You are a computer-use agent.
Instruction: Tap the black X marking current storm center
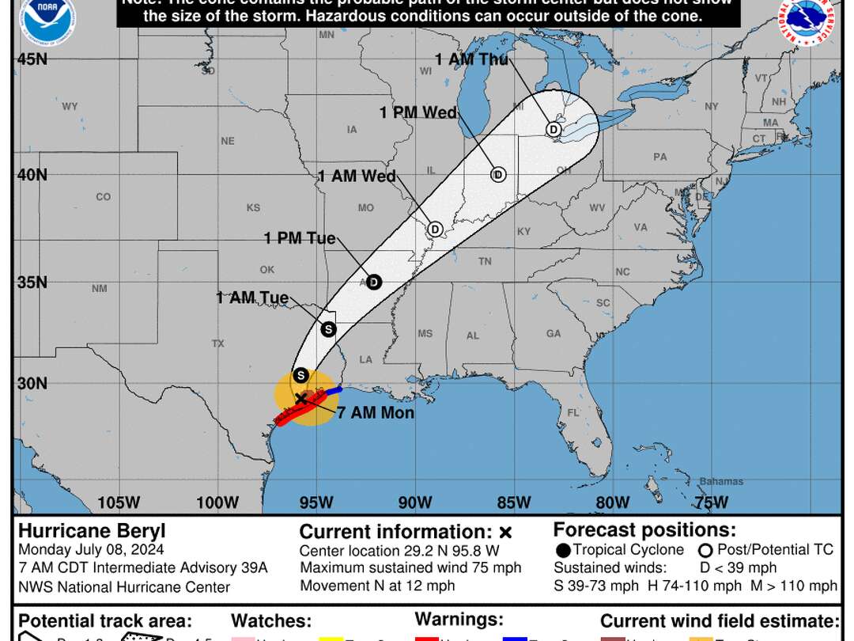click(300, 398)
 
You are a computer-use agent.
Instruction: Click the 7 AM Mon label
click(376, 412)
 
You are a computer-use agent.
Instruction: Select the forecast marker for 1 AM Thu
click(554, 129)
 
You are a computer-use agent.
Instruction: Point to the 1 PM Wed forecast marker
click(498, 175)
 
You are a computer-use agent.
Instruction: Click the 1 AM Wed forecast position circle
click(434, 229)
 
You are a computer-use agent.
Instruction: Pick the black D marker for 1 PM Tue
click(374, 282)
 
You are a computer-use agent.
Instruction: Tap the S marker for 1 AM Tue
click(328, 328)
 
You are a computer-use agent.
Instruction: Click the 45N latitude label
click(32, 59)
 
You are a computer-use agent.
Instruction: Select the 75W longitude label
click(710, 503)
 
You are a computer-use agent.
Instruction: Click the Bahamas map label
click(721, 481)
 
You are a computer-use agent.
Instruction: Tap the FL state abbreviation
click(573, 412)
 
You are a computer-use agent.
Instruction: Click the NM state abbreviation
click(99, 289)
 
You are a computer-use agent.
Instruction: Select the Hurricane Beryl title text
click(92, 531)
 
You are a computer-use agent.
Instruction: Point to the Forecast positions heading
click(644, 529)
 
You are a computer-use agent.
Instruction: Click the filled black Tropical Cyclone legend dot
click(562, 550)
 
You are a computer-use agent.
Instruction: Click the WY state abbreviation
click(70, 106)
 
